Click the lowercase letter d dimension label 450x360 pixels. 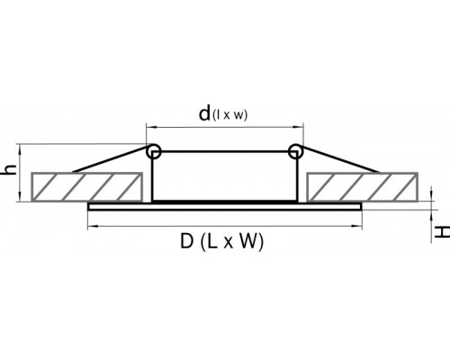204,113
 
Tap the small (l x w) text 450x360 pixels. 229,115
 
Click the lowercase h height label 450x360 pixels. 9,170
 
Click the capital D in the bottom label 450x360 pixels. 186,241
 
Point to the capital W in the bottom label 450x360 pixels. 247,241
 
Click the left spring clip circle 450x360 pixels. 154,151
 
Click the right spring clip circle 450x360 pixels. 295,151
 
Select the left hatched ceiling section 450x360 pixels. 86,186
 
